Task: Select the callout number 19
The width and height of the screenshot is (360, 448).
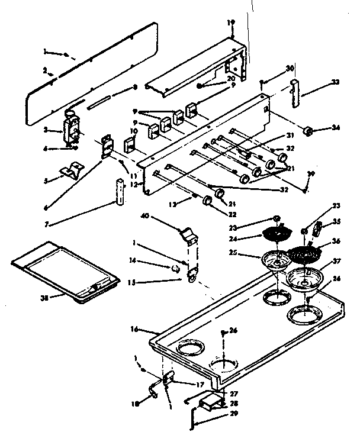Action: tap(230, 22)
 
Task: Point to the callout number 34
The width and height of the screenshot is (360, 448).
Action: tap(336, 128)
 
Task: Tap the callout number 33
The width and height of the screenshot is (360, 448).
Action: tap(336, 82)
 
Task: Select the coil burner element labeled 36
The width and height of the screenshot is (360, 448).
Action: tap(306, 255)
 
